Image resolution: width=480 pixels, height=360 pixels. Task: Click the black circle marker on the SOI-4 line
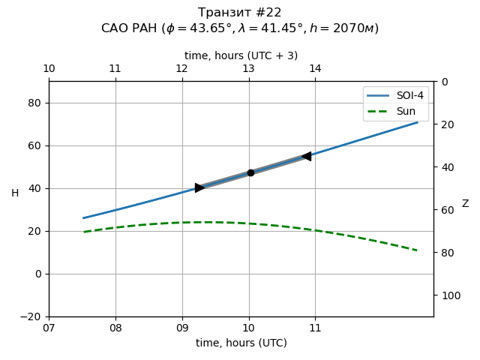coord(250,172)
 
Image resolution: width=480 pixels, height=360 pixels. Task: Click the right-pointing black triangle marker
coord(199,187)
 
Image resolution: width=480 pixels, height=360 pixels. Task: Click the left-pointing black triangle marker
coord(306,156)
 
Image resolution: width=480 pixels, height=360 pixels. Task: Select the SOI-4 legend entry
coord(396,96)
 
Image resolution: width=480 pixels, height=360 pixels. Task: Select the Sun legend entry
coord(396,111)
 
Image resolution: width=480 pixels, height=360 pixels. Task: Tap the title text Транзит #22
coord(240,13)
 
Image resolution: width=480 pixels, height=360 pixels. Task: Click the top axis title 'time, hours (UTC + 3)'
coord(241,55)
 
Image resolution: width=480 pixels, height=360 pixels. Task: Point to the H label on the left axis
coord(15,193)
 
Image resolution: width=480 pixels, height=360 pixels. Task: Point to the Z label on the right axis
coord(465,204)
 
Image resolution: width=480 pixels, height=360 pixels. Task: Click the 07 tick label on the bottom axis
coord(49,328)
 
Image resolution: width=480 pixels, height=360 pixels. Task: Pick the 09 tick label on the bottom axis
coord(182,328)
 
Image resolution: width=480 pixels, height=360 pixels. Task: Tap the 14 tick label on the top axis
coord(315,69)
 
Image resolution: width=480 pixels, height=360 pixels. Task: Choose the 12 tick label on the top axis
coord(181,69)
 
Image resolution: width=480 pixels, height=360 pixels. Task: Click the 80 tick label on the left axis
coord(34,103)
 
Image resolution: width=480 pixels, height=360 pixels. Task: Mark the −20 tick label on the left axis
coord(30,316)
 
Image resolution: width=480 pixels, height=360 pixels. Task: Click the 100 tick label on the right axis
coord(450,295)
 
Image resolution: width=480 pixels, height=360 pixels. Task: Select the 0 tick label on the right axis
coord(444,82)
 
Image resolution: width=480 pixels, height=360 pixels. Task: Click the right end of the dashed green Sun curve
coord(417,250)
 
